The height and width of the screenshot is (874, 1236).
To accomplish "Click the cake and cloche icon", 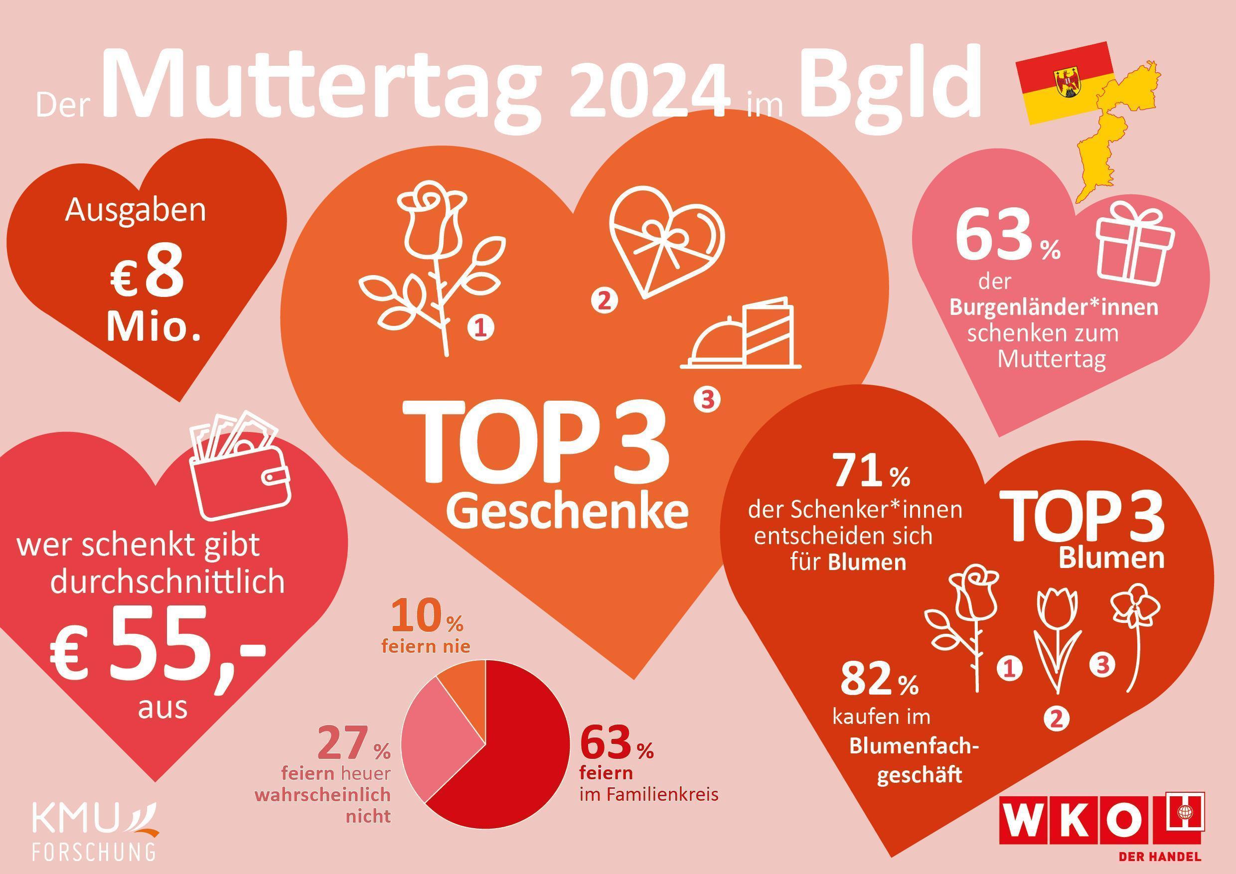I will [x=742, y=335].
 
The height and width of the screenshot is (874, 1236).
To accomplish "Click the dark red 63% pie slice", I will [x=517, y=764].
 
